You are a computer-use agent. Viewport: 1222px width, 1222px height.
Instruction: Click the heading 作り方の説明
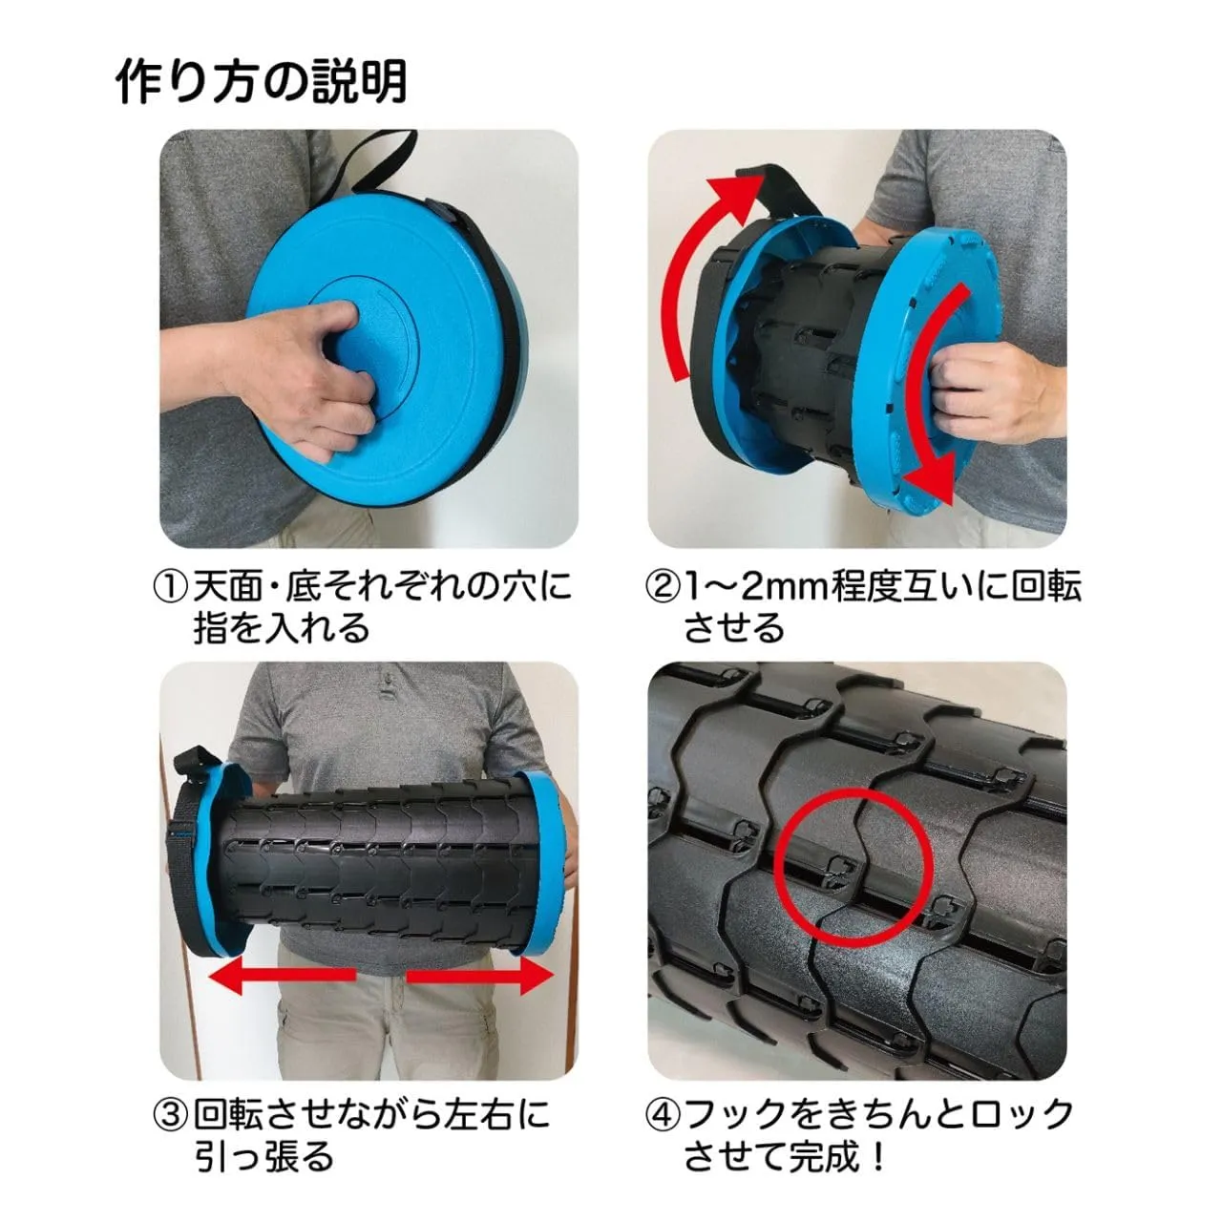262,82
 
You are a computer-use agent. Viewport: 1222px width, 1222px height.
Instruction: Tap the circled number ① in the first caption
171,587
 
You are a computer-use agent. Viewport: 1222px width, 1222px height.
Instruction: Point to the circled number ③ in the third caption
171,1115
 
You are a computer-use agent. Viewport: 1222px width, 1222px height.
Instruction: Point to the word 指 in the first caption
210,630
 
